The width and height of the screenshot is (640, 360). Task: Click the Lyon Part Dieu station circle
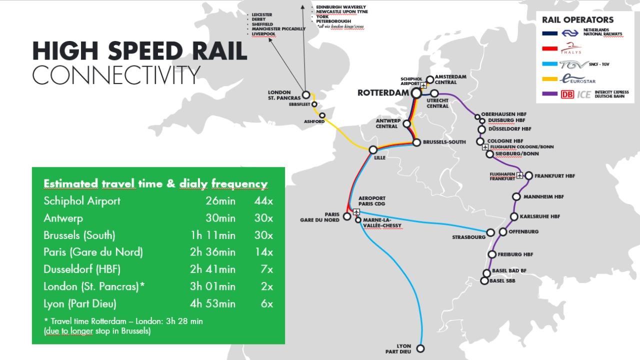tap(420, 348)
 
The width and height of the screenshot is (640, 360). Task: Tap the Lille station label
tap(380, 157)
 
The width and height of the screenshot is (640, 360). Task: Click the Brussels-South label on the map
tap(444, 142)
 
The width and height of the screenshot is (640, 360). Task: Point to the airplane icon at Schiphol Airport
tap(423, 85)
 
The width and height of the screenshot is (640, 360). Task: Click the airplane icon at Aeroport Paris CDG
tap(356, 211)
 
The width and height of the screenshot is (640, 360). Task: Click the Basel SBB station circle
tap(484, 281)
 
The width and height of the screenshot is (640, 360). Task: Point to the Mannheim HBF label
tap(543, 197)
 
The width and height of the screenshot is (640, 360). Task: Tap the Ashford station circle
tap(322, 115)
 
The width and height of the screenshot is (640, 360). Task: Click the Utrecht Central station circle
tap(434, 93)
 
